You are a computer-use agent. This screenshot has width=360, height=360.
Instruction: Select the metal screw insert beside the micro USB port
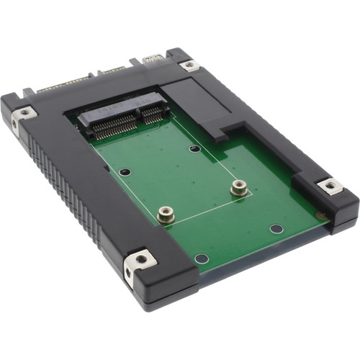coord(189,65)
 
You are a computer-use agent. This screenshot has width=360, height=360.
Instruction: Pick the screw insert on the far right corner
coord(330,186)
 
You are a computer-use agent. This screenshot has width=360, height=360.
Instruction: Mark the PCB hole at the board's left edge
coord(125,173)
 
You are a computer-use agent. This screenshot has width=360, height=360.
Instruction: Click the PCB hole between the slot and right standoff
coord(194,149)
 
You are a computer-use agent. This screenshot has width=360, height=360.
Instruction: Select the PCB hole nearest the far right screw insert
coord(276,228)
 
